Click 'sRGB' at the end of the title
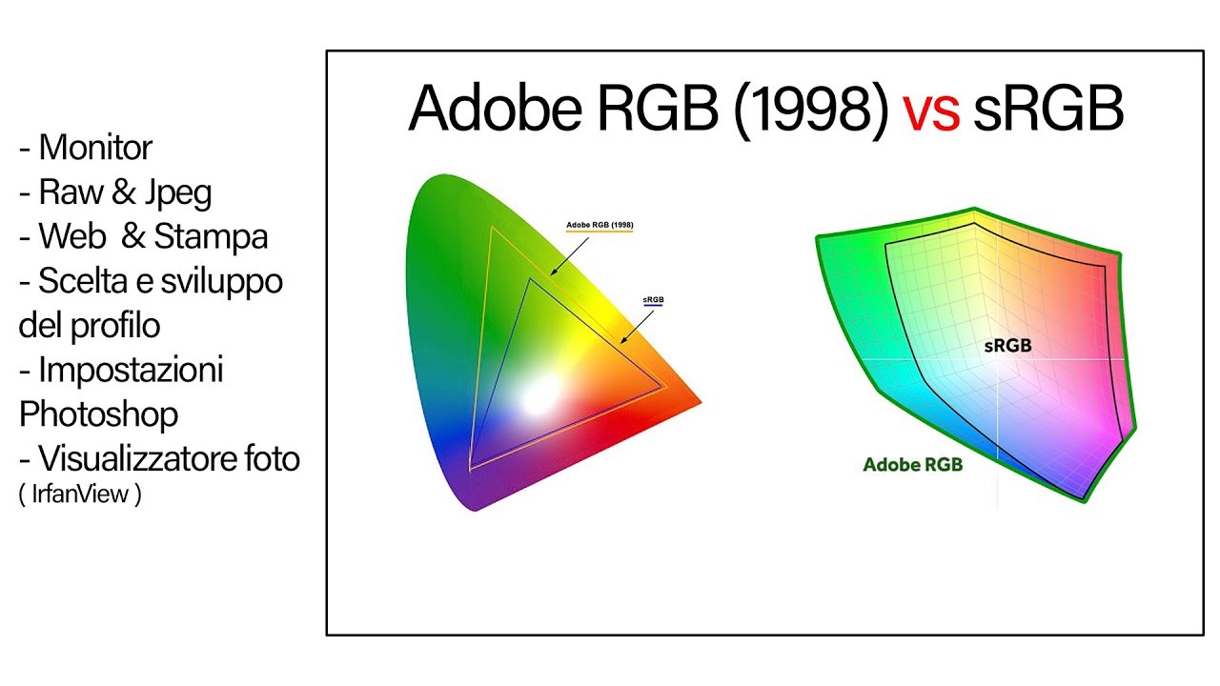click(x=1048, y=111)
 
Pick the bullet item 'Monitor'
click(x=95, y=148)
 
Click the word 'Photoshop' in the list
click(x=98, y=414)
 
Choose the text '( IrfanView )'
click(x=80, y=495)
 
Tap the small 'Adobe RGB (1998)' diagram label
click(x=600, y=226)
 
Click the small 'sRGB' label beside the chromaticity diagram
click(x=653, y=299)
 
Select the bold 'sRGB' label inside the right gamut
click(x=1007, y=347)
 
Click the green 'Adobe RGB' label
click(x=912, y=465)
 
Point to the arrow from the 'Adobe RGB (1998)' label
click(x=570, y=255)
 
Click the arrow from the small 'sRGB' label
click(x=637, y=325)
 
